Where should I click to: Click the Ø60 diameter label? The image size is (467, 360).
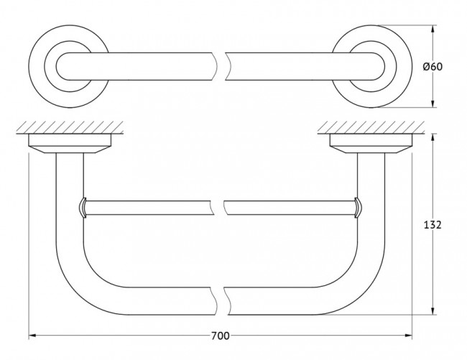click(x=433, y=66)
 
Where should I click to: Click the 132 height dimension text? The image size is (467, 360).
click(x=433, y=225)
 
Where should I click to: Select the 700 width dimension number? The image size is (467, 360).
click(x=221, y=336)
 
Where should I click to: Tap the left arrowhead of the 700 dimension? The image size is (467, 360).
click(x=32, y=336)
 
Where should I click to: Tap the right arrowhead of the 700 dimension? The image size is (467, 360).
click(x=409, y=336)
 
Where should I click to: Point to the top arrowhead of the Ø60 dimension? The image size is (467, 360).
click(x=433, y=29)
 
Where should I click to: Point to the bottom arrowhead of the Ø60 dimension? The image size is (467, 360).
click(x=433, y=103)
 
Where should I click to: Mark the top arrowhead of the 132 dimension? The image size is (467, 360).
click(x=433, y=137)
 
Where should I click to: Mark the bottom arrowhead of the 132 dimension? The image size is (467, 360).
click(x=433, y=311)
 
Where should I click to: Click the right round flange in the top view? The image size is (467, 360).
click(x=371, y=66)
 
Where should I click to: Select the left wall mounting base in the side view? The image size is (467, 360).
click(x=70, y=144)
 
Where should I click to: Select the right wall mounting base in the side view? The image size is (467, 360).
click(x=371, y=144)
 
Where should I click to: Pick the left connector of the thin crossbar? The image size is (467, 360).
click(x=83, y=208)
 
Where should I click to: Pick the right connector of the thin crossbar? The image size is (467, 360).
click(x=357, y=208)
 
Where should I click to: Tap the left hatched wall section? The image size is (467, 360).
click(x=70, y=127)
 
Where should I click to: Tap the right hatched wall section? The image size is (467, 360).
click(x=371, y=127)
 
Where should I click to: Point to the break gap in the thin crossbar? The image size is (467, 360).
click(x=220, y=208)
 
